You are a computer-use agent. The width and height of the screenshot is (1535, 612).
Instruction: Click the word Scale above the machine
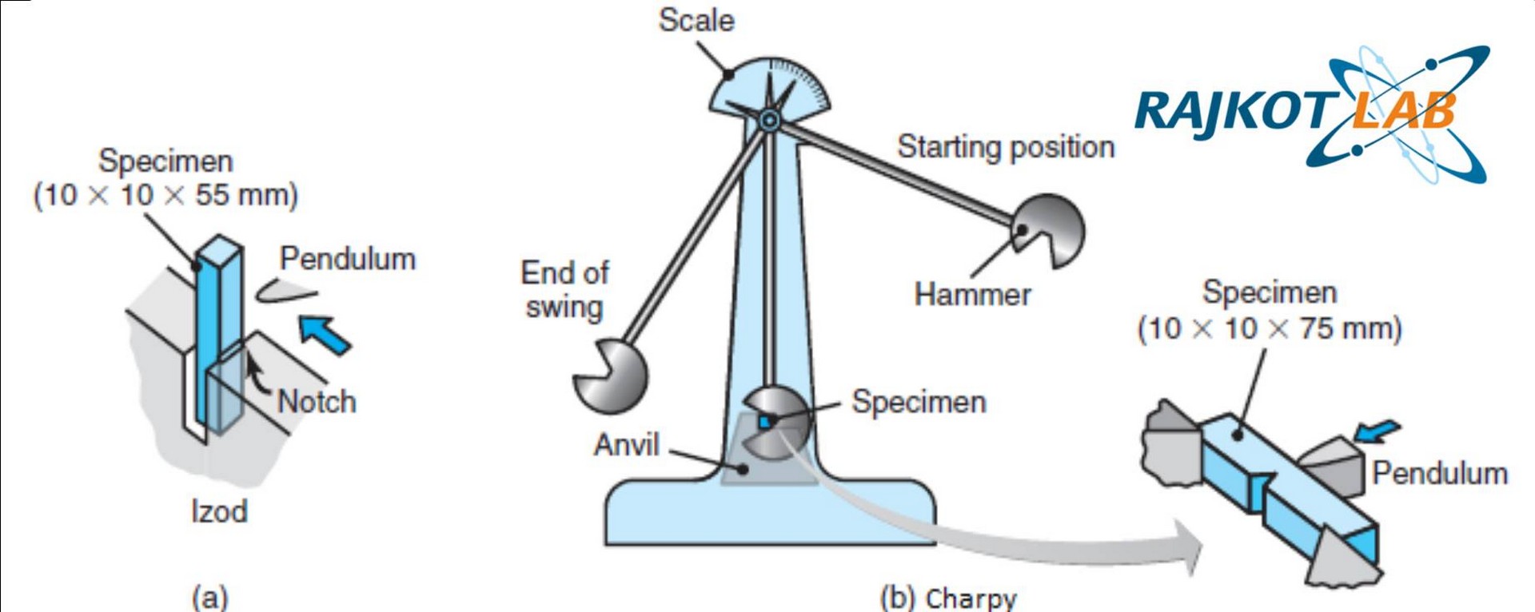point(696,21)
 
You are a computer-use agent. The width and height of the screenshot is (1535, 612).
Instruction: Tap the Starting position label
point(1005,147)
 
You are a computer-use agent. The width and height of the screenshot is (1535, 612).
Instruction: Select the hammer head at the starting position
point(1051,231)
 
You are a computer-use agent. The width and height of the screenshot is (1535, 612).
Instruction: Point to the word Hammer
point(972,295)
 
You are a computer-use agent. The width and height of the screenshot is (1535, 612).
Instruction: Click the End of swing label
point(564,289)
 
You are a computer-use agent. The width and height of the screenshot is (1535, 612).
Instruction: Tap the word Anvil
point(626,444)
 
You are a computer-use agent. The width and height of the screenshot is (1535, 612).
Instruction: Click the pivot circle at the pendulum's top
point(769,121)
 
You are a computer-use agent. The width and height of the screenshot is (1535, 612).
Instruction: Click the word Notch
point(317,401)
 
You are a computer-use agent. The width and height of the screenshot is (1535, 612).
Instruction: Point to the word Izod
point(219,511)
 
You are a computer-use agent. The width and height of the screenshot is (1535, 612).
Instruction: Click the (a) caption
point(210,597)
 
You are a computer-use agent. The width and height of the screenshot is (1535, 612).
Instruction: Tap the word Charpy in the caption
point(971,598)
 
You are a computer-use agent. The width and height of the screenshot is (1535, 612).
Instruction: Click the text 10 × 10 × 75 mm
point(1270,328)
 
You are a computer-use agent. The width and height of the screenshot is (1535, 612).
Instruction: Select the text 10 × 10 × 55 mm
point(165,195)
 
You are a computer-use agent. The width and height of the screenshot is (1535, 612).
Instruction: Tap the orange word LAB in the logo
point(1403,112)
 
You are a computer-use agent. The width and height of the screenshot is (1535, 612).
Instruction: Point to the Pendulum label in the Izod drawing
point(348,259)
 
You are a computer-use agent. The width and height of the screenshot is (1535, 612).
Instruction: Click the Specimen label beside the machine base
point(919,401)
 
